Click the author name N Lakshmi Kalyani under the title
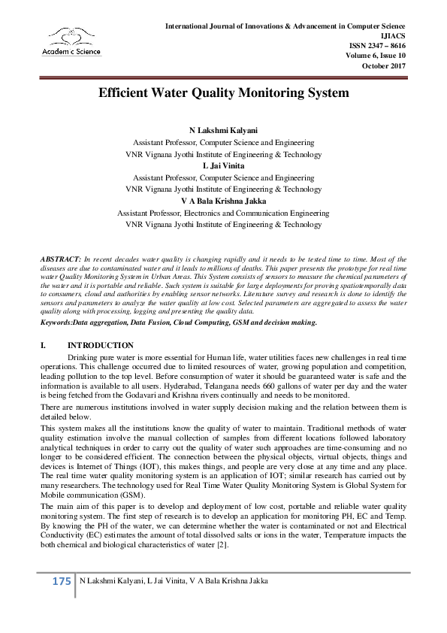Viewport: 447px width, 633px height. coord(223,131)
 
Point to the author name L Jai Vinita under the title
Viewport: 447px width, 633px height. coord(223,165)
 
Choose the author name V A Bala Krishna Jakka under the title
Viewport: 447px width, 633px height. coord(223,201)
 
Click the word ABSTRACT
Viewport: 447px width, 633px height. coord(59,258)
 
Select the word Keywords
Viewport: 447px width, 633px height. coord(56,322)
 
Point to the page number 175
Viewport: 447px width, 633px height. coord(61,581)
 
